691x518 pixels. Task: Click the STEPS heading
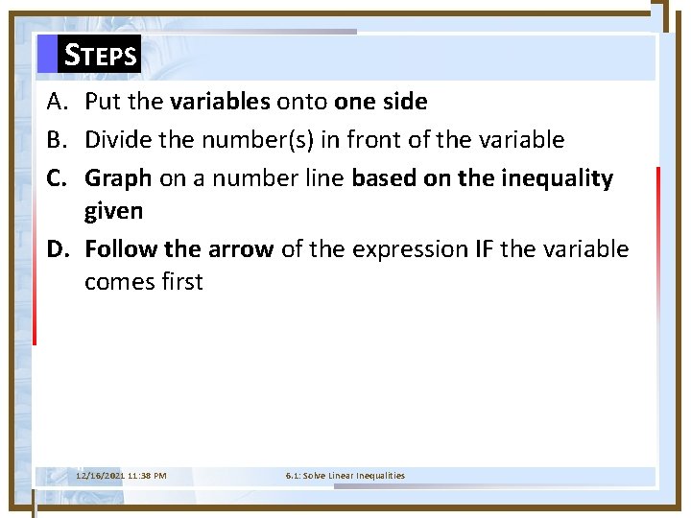(100, 55)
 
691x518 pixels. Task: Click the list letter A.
(56, 101)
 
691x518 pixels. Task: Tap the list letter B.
(56, 140)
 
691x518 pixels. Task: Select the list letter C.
(56, 178)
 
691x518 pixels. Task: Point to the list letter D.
(57, 249)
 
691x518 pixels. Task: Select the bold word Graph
(118, 179)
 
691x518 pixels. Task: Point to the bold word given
(114, 209)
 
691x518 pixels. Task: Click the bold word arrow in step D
(242, 249)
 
